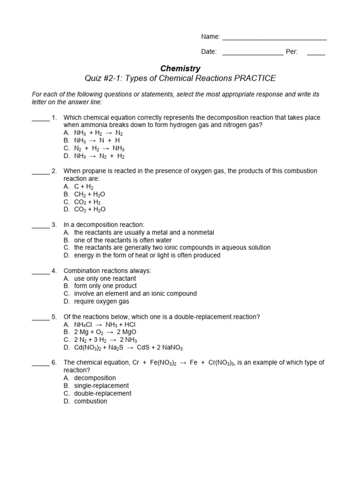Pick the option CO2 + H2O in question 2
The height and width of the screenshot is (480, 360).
point(90,210)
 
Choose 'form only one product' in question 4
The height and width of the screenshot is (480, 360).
point(105,286)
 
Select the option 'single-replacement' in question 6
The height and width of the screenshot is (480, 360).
point(101,386)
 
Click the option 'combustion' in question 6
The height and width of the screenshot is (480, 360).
point(90,401)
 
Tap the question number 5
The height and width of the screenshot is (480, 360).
point(54,317)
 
